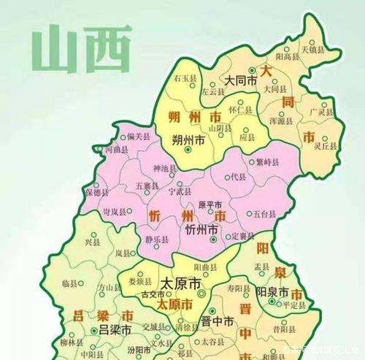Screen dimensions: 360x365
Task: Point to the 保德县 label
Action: point(96,193)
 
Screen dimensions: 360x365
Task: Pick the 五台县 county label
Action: point(264,214)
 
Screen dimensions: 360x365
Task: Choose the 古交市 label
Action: point(153,294)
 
